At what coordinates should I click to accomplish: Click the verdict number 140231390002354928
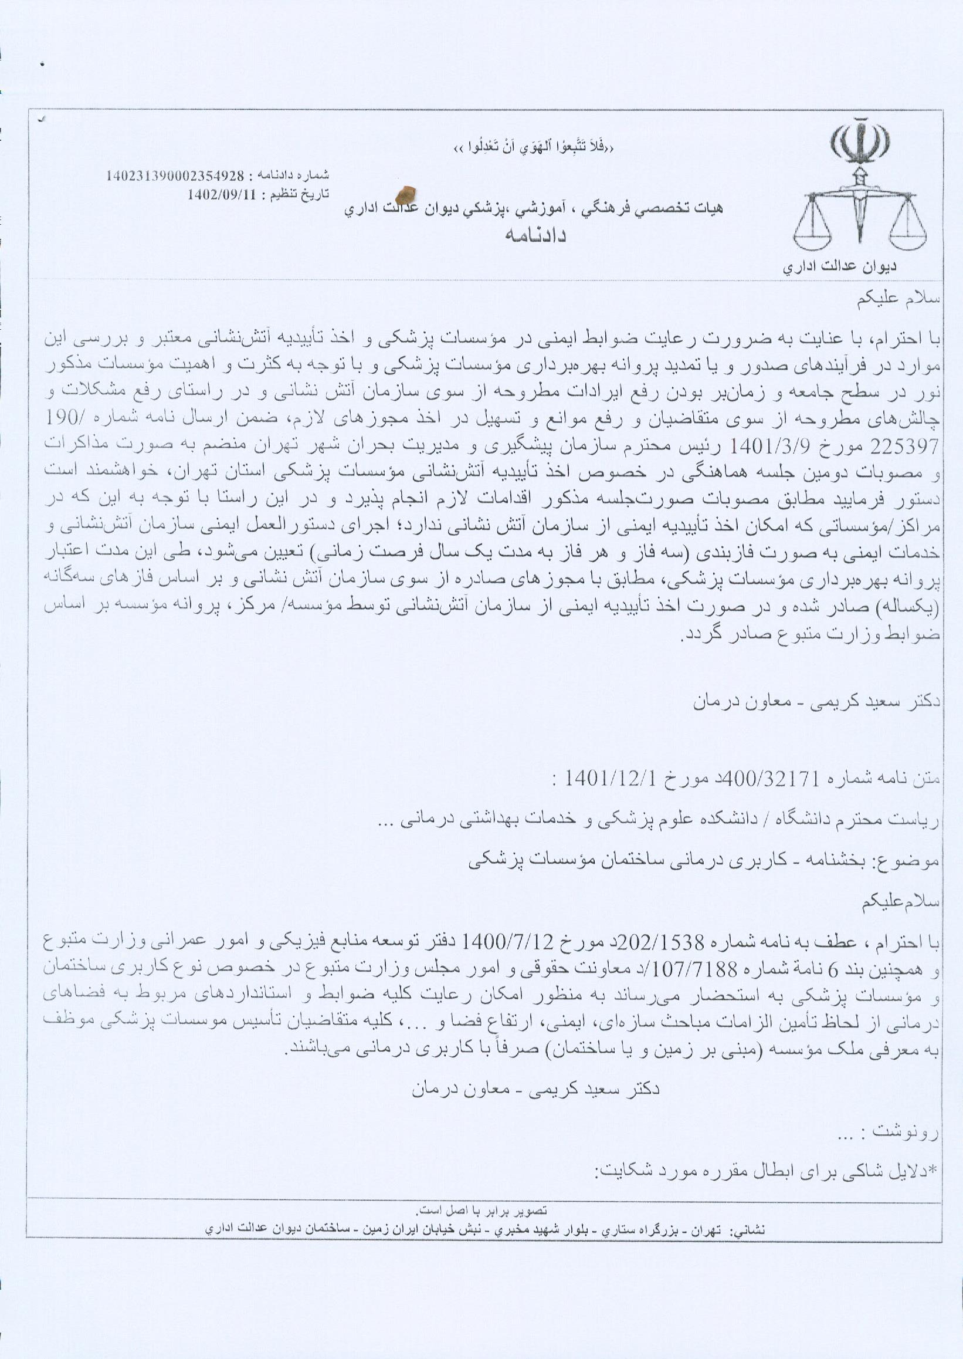point(175,176)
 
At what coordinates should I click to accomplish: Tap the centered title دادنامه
point(535,235)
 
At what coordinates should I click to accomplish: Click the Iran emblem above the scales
point(860,142)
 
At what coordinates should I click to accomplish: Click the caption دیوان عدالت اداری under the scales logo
point(840,267)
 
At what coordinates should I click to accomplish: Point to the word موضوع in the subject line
point(918,863)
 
